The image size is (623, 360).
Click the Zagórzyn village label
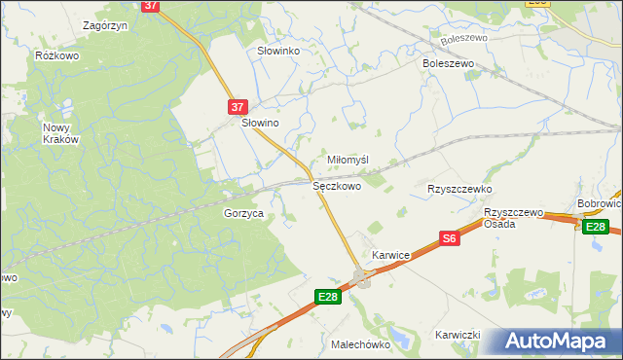(x=106, y=25)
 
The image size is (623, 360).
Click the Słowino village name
(x=261, y=124)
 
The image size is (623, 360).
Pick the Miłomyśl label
(x=348, y=160)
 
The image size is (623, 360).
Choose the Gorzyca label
(x=244, y=213)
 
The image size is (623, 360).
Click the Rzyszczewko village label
(x=460, y=189)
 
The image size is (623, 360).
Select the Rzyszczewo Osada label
(x=513, y=218)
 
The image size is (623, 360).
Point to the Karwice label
(x=390, y=255)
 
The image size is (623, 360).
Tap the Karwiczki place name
(x=459, y=335)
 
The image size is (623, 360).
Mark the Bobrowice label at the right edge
(x=600, y=204)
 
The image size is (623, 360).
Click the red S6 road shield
(x=449, y=238)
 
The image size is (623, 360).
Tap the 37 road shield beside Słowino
(x=239, y=107)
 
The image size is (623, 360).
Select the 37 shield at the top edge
(x=150, y=5)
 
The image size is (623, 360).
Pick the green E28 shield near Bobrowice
(x=596, y=227)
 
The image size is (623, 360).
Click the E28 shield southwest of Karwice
(x=328, y=297)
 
